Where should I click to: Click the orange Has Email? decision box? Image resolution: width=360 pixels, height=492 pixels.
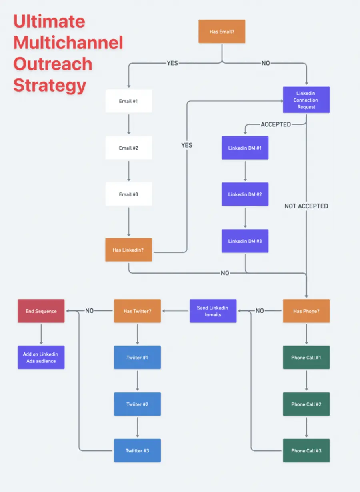pos(222,32)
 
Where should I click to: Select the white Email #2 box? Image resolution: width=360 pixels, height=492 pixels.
pos(128,148)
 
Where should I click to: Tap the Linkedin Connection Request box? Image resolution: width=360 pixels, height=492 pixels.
pos(306,100)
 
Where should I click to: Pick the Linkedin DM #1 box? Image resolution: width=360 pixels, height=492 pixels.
pos(245,148)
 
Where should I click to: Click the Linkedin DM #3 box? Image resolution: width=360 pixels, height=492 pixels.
pos(245,241)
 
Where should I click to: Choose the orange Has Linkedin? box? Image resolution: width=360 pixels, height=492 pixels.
pos(128,250)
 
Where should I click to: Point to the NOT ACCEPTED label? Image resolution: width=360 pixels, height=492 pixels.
pos(306,206)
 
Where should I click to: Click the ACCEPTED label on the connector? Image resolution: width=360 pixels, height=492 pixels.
pos(276,124)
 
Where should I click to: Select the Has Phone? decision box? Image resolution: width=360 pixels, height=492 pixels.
pos(306,311)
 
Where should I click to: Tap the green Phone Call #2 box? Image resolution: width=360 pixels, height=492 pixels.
pos(306,404)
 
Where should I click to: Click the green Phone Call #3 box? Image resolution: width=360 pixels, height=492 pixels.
pos(306,450)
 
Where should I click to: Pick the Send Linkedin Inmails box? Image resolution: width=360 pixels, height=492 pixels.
pos(213,311)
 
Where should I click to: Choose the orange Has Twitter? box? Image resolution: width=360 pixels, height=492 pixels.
pos(137,311)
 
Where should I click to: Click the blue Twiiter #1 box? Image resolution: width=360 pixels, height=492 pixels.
pos(137,357)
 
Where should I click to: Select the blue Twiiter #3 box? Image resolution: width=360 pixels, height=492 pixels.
pos(137,450)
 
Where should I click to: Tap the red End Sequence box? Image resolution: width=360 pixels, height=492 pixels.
pos(41,311)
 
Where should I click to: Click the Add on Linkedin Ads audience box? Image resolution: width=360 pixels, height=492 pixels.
pos(41,357)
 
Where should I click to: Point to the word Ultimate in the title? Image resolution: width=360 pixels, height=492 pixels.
pos(49,22)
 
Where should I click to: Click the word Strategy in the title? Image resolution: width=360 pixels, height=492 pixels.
pos(50,86)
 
